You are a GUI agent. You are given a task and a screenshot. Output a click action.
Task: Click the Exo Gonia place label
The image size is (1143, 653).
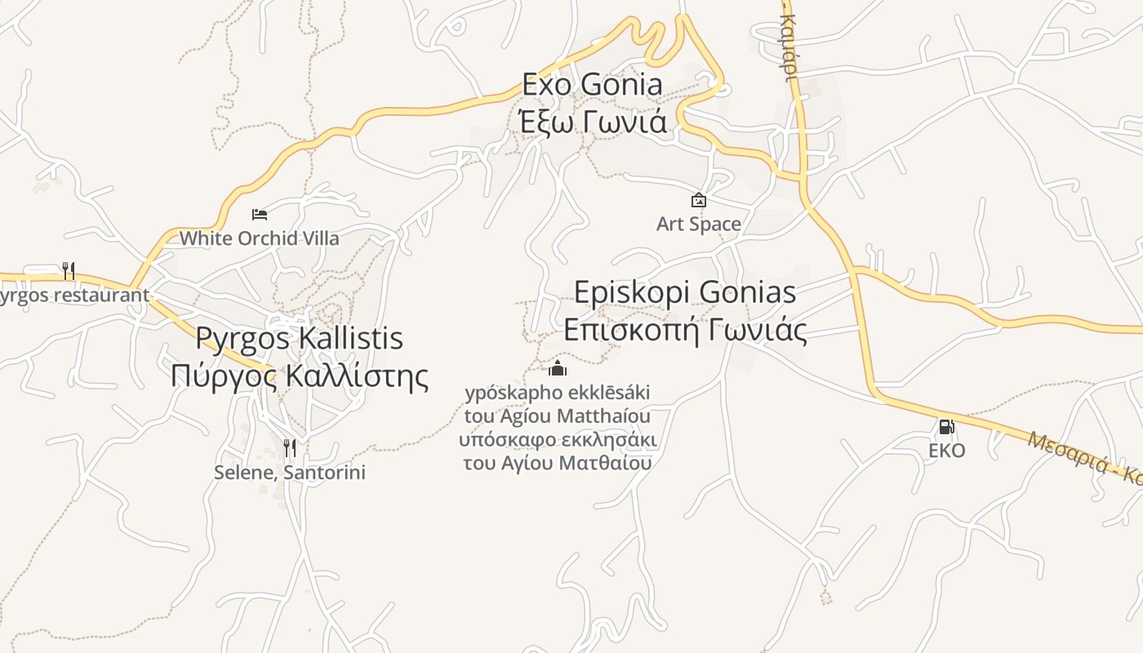(x=593, y=84)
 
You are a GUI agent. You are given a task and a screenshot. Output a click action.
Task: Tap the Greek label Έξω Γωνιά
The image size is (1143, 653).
(x=593, y=122)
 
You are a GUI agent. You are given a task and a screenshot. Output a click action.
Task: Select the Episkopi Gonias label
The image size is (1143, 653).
(x=685, y=292)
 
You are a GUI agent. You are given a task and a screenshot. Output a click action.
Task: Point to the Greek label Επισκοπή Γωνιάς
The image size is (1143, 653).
(x=685, y=331)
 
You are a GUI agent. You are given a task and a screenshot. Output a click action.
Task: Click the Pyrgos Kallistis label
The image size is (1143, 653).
(x=300, y=338)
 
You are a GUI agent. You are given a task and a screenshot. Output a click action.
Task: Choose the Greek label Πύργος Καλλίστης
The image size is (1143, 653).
(x=300, y=376)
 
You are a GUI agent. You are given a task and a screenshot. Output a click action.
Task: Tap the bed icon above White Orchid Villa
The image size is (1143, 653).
(x=260, y=215)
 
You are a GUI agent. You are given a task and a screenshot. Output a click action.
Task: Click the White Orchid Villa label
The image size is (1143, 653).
(x=260, y=238)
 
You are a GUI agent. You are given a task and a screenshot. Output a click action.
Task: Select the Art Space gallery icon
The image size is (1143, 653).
(x=699, y=200)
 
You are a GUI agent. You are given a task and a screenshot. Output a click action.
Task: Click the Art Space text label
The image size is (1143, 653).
(x=699, y=224)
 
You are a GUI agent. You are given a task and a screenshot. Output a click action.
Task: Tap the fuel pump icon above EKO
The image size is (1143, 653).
(x=946, y=426)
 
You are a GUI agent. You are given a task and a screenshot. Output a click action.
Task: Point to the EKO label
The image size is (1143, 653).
(x=947, y=451)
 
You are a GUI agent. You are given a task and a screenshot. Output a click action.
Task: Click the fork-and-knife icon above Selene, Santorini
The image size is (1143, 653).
(x=289, y=448)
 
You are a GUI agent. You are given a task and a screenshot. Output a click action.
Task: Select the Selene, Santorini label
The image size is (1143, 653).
(x=290, y=473)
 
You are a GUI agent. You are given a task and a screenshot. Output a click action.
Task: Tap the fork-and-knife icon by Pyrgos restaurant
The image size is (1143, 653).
(x=69, y=270)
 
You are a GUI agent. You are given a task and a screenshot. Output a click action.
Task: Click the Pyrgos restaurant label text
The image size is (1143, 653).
(x=74, y=295)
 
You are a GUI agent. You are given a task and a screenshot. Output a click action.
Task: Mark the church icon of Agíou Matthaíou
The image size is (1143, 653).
(x=558, y=368)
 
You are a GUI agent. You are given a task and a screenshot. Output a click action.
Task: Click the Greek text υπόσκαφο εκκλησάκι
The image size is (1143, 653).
(x=558, y=440)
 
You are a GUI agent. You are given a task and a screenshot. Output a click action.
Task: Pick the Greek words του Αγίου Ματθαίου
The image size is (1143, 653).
(x=558, y=463)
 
